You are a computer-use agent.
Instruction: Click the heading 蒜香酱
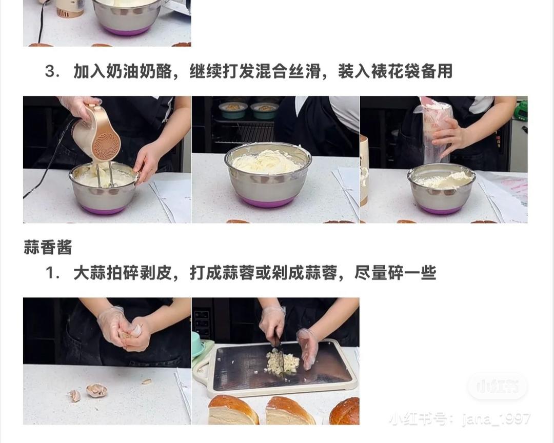[48, 247]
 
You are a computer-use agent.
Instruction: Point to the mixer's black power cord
[49, 164]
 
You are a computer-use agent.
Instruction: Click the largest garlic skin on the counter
[96, 390]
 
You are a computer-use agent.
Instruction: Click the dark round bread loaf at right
[345, 411]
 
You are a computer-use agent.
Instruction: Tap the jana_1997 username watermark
[496, 419]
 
